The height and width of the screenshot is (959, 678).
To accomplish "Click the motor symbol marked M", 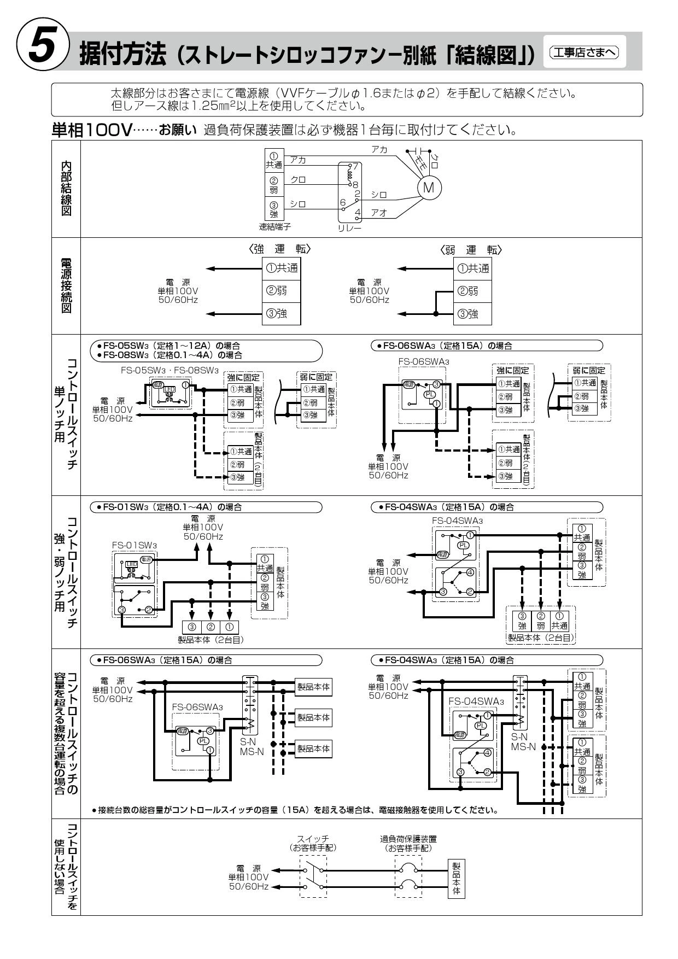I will click(429, 188).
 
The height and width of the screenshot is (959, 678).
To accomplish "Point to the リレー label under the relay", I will click(349, 228).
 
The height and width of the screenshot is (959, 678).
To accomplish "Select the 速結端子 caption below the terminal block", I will click(274, 226).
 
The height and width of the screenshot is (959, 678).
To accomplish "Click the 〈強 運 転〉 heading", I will click(280, 249).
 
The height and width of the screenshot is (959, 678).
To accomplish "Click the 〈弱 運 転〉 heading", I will click(471, 250).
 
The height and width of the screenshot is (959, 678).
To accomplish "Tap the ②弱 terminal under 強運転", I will click(281, 291).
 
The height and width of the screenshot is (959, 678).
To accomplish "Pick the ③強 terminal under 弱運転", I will click(472, 313).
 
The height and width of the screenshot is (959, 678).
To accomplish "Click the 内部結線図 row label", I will click(66, 188).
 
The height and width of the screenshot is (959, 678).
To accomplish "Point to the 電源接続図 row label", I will click(66, 285).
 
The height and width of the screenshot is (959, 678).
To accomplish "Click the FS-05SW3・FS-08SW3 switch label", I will click(169, 370).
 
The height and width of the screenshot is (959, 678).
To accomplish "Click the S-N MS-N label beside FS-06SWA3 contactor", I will click(252, 747).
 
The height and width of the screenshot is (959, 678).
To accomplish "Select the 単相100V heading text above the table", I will click(92, 131).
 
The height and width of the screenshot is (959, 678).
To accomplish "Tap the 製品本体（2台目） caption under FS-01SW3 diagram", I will click(211, 639).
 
